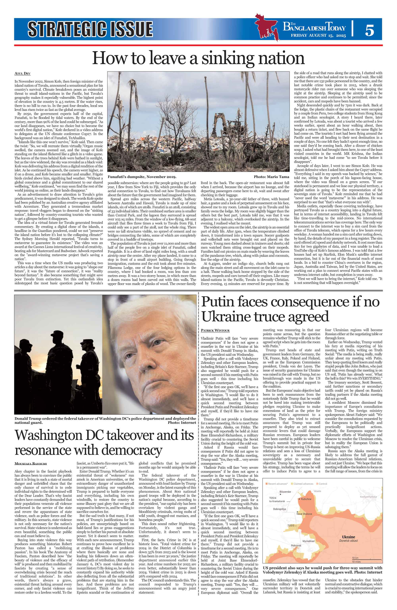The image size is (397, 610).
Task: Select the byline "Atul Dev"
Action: pos(23,74)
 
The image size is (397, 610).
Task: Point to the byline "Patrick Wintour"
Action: pos(215,330)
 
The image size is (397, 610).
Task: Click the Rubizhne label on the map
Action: pos(306,499)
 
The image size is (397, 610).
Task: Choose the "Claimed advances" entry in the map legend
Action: pos(303,484)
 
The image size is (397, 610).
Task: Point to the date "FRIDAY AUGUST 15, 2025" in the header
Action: pos(318,35)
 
